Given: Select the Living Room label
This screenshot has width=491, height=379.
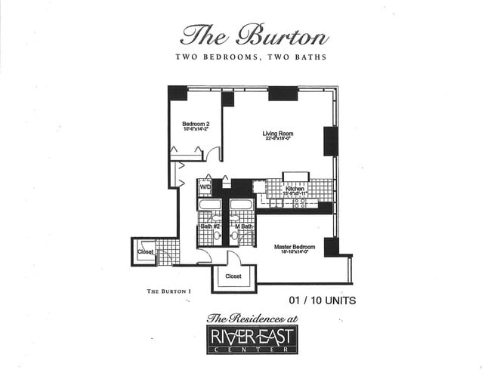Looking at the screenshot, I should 277,134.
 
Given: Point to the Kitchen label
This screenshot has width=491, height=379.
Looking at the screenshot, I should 295,188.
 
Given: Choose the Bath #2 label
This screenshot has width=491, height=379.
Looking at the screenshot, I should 209,226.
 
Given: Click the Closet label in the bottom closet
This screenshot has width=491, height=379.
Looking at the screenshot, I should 233,276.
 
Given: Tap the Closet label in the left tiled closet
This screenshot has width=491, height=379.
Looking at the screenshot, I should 145,251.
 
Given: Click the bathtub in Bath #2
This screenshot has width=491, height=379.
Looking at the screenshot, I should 210,205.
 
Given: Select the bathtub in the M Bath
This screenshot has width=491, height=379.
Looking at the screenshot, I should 241,205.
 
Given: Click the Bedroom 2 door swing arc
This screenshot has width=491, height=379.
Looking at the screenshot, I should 215,154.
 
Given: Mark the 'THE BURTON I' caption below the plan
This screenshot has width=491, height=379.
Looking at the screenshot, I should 165,291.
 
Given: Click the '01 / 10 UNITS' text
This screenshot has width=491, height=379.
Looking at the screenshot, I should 322,300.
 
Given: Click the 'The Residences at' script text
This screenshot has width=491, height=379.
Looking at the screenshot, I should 252,319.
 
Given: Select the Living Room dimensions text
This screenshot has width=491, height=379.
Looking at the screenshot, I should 277,140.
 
